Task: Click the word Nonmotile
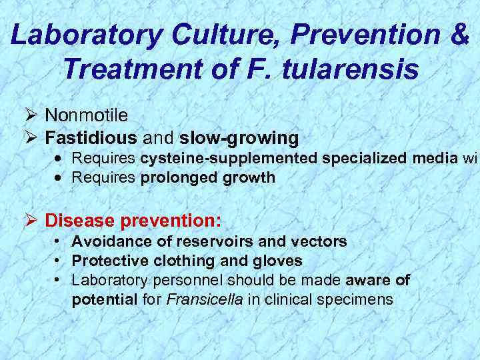click(x=87, y=116)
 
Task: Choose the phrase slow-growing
click(x=239, y=138)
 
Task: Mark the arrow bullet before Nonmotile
click(x=31, y=116)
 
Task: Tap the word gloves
click(x=276, y=261)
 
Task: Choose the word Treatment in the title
click(x=124, y=68)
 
